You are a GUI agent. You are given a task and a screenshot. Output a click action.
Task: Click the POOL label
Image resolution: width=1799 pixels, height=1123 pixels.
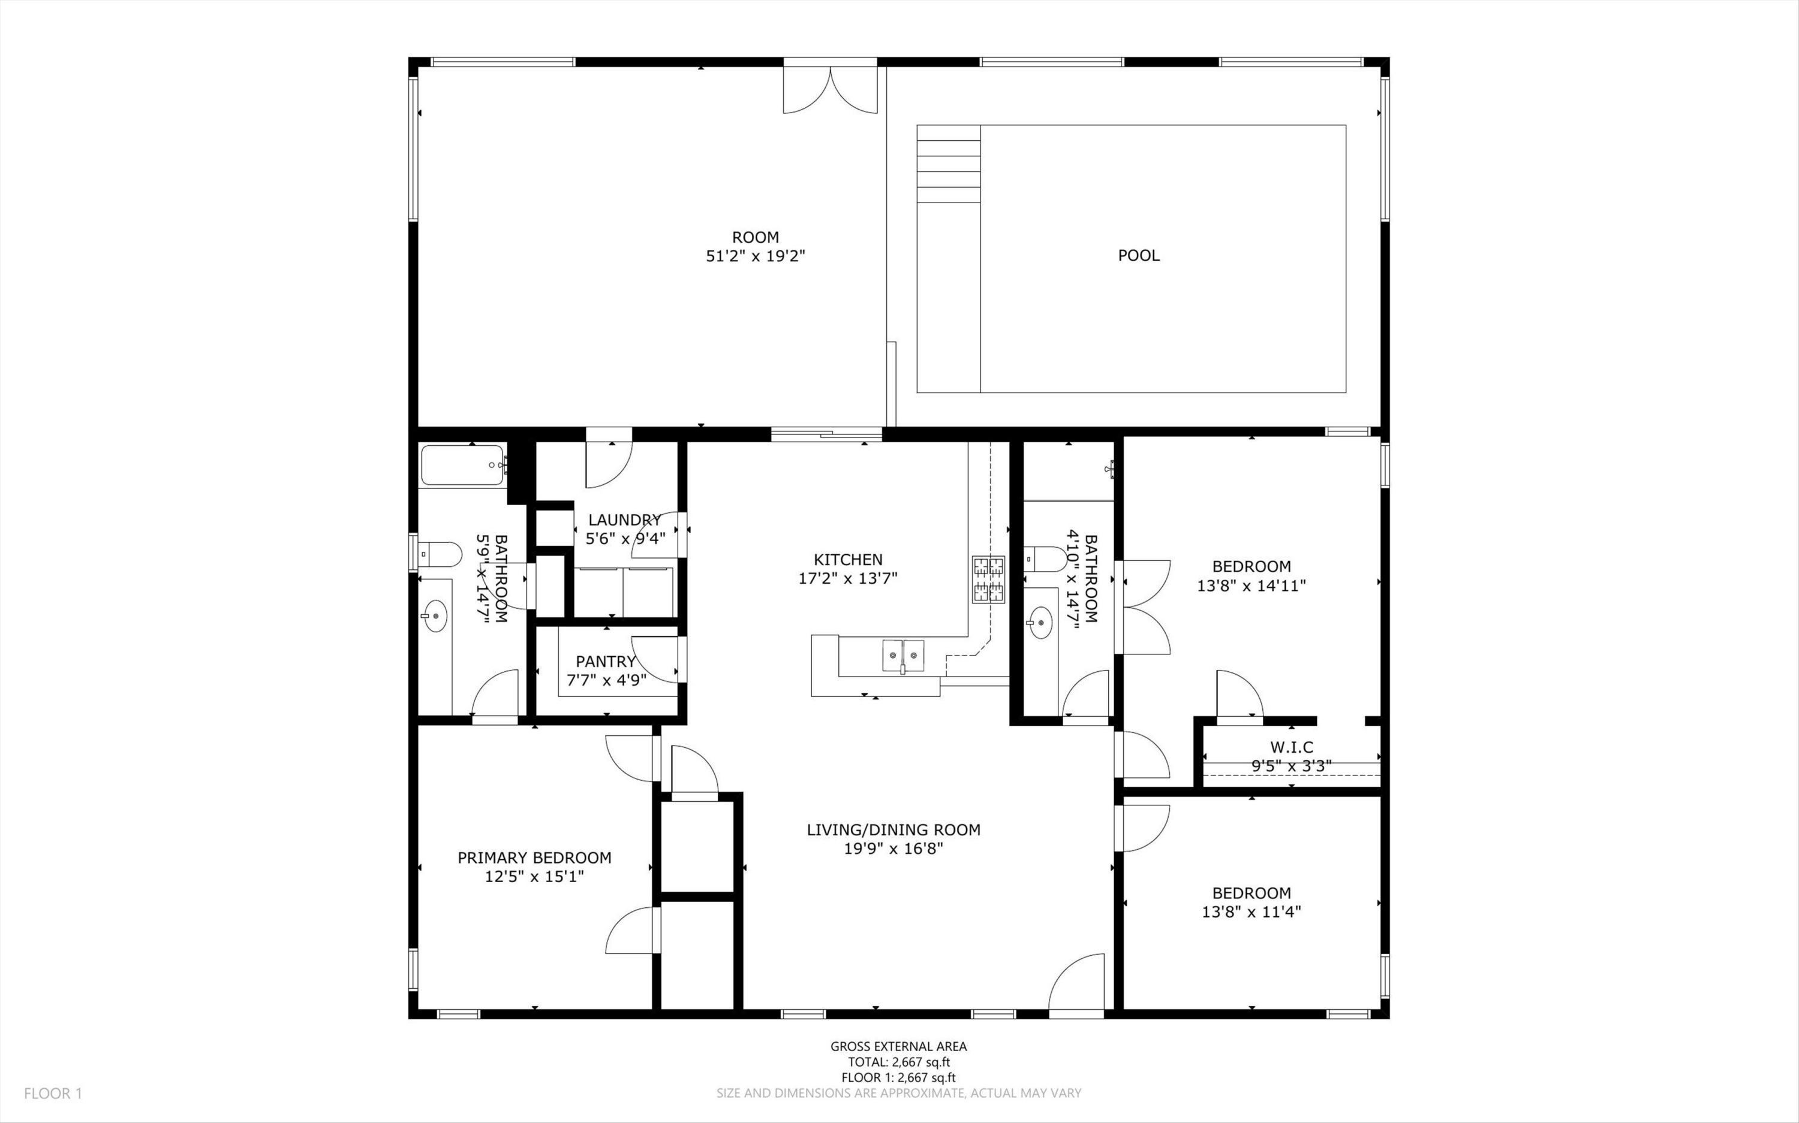point(1138,255)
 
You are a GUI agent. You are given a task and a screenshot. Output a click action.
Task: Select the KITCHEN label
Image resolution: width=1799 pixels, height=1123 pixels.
point(848,559)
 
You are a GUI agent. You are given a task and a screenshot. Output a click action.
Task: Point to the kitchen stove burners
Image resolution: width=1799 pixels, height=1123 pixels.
point(988,580)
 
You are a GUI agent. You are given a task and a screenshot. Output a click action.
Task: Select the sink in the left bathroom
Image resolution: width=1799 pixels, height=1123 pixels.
point(435,615)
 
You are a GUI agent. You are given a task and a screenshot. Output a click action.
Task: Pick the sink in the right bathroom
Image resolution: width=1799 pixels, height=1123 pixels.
point(1041,623)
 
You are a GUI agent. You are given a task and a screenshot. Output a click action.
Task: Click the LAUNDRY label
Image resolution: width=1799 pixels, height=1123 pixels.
point(624,520)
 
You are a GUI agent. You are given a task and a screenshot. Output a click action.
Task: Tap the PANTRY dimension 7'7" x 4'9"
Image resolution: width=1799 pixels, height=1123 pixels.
point(606,680)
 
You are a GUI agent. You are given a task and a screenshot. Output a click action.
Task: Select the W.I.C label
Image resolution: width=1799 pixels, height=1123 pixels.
point(1292,747)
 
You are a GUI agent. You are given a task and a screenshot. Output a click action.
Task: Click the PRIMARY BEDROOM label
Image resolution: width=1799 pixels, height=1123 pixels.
point(534,858)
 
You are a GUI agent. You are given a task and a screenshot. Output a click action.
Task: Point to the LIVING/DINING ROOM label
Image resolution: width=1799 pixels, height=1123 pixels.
point(893,829)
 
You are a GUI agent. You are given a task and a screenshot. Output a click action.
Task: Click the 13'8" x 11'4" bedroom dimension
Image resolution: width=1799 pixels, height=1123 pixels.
point(1252,912)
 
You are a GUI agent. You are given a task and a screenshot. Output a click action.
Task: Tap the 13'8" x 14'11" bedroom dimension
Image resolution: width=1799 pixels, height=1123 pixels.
point(1252,585)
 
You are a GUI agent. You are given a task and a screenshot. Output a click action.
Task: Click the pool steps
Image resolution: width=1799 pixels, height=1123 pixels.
point(948,164)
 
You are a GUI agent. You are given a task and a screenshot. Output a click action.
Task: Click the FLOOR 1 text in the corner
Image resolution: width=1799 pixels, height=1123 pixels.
point(53,1093)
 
